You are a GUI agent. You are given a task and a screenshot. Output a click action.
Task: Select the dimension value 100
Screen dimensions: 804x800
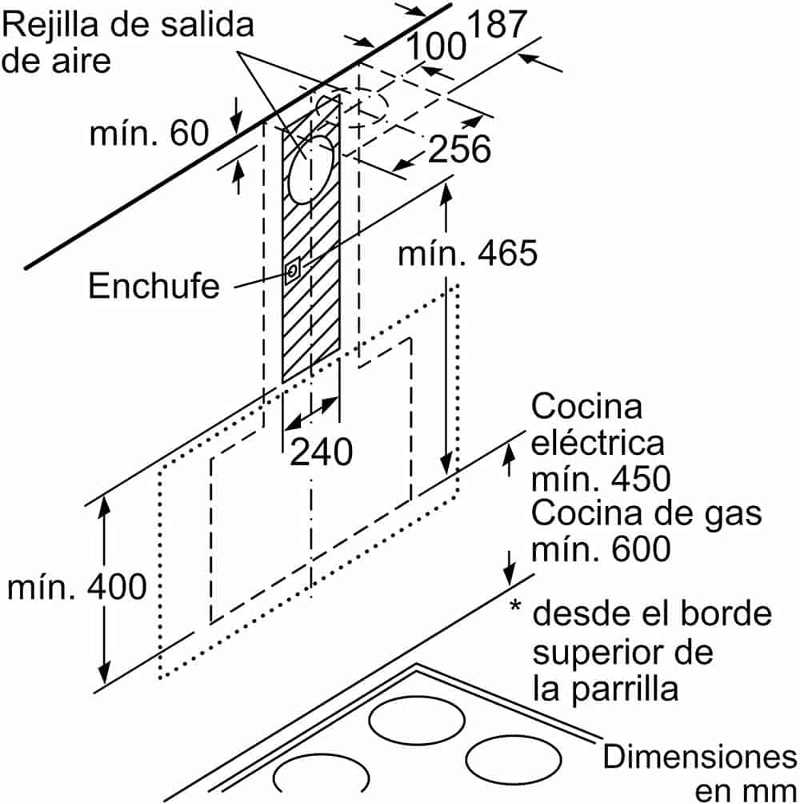(438, 47)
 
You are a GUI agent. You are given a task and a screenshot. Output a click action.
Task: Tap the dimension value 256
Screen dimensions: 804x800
(459, 149)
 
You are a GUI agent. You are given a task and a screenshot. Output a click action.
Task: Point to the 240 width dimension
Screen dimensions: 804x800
(321, 452)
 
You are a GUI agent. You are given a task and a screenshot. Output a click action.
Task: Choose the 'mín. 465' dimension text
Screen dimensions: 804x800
(468, 254)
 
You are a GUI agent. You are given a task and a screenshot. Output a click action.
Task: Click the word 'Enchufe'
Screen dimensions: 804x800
(154, 286)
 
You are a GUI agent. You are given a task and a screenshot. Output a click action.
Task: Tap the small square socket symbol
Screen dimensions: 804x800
(293, 271)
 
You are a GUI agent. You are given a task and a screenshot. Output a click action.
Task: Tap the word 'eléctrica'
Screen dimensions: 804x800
(598, 443)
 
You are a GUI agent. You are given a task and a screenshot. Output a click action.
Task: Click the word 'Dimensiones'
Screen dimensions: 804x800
(699, 756)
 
